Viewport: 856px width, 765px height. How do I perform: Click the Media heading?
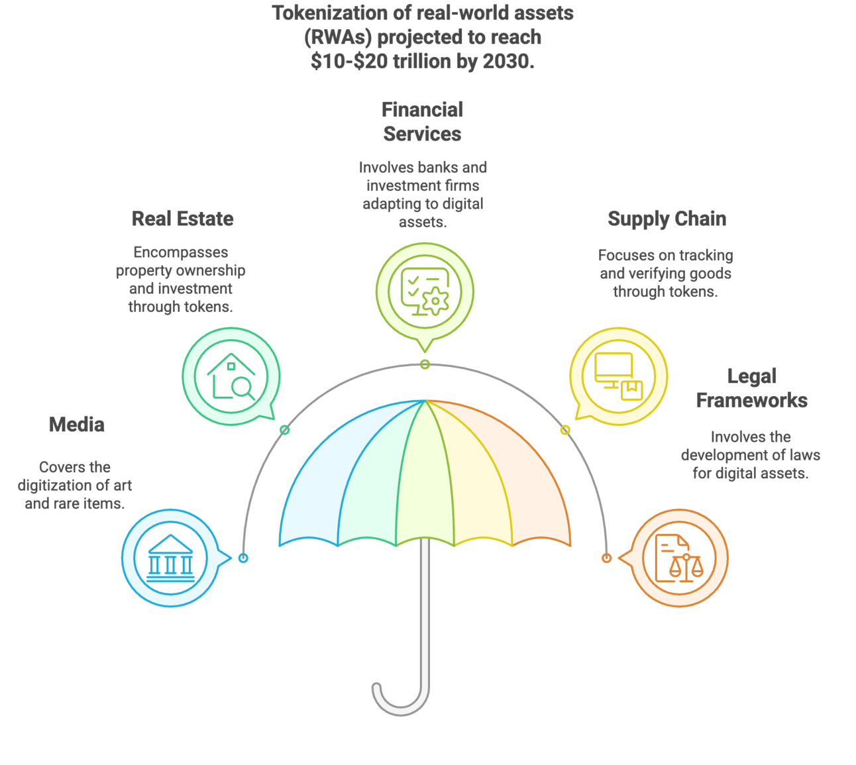tap(76, 425)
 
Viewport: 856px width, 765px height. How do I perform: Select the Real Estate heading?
tap(183, 219)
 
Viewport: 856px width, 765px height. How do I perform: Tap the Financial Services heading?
tap(422, 122)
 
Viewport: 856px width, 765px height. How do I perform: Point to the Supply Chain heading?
tap(667, 219)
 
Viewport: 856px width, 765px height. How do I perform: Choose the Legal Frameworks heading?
tap(751, 389)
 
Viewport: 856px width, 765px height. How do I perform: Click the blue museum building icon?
tap(171, 558)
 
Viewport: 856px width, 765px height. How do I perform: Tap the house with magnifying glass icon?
tap(231, 377)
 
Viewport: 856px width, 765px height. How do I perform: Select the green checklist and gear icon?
tap(425, 291)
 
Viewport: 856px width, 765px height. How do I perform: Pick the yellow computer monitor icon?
tap(618, 376)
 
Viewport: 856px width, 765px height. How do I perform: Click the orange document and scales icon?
tap(679, 558)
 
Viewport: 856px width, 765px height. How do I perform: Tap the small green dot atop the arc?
tap(425, 364)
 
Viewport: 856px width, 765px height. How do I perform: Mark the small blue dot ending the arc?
tap(244, 558)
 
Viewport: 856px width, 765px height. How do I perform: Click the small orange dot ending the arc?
tap(606, 558)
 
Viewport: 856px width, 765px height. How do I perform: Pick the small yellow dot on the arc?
tap(565, 431)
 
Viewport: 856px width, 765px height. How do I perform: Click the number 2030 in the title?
tap(507, 62)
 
